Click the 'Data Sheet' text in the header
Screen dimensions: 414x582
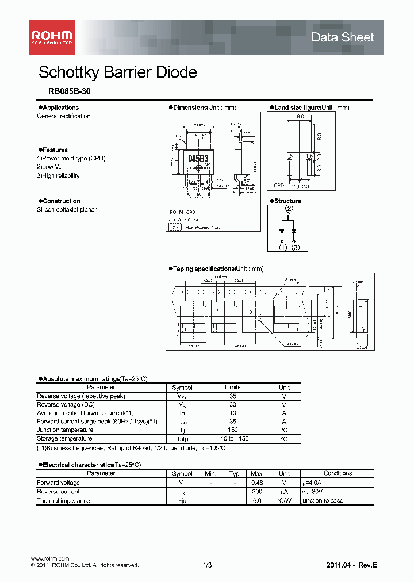[x=342, y=37]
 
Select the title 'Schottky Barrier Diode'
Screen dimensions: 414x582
[x=117, y=72]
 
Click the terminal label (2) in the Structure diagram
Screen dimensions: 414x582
[x=289, y=209]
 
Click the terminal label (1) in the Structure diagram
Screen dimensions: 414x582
[x=283, y=247]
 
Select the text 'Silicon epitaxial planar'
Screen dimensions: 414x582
[x=67, y=210]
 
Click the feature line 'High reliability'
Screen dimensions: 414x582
[x=60, y=176]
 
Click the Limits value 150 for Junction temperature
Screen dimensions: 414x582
[x=233, y=430]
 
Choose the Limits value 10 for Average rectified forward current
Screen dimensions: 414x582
[x=233, y=413]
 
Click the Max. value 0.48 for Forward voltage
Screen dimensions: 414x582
[x=257, y=483]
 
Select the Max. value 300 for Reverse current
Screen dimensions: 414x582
[x=257, y=492]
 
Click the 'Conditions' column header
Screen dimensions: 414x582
[x=338, y=473]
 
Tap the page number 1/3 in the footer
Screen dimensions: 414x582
[x=208, y=565]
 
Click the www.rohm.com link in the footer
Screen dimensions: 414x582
[x=49, y=558]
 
